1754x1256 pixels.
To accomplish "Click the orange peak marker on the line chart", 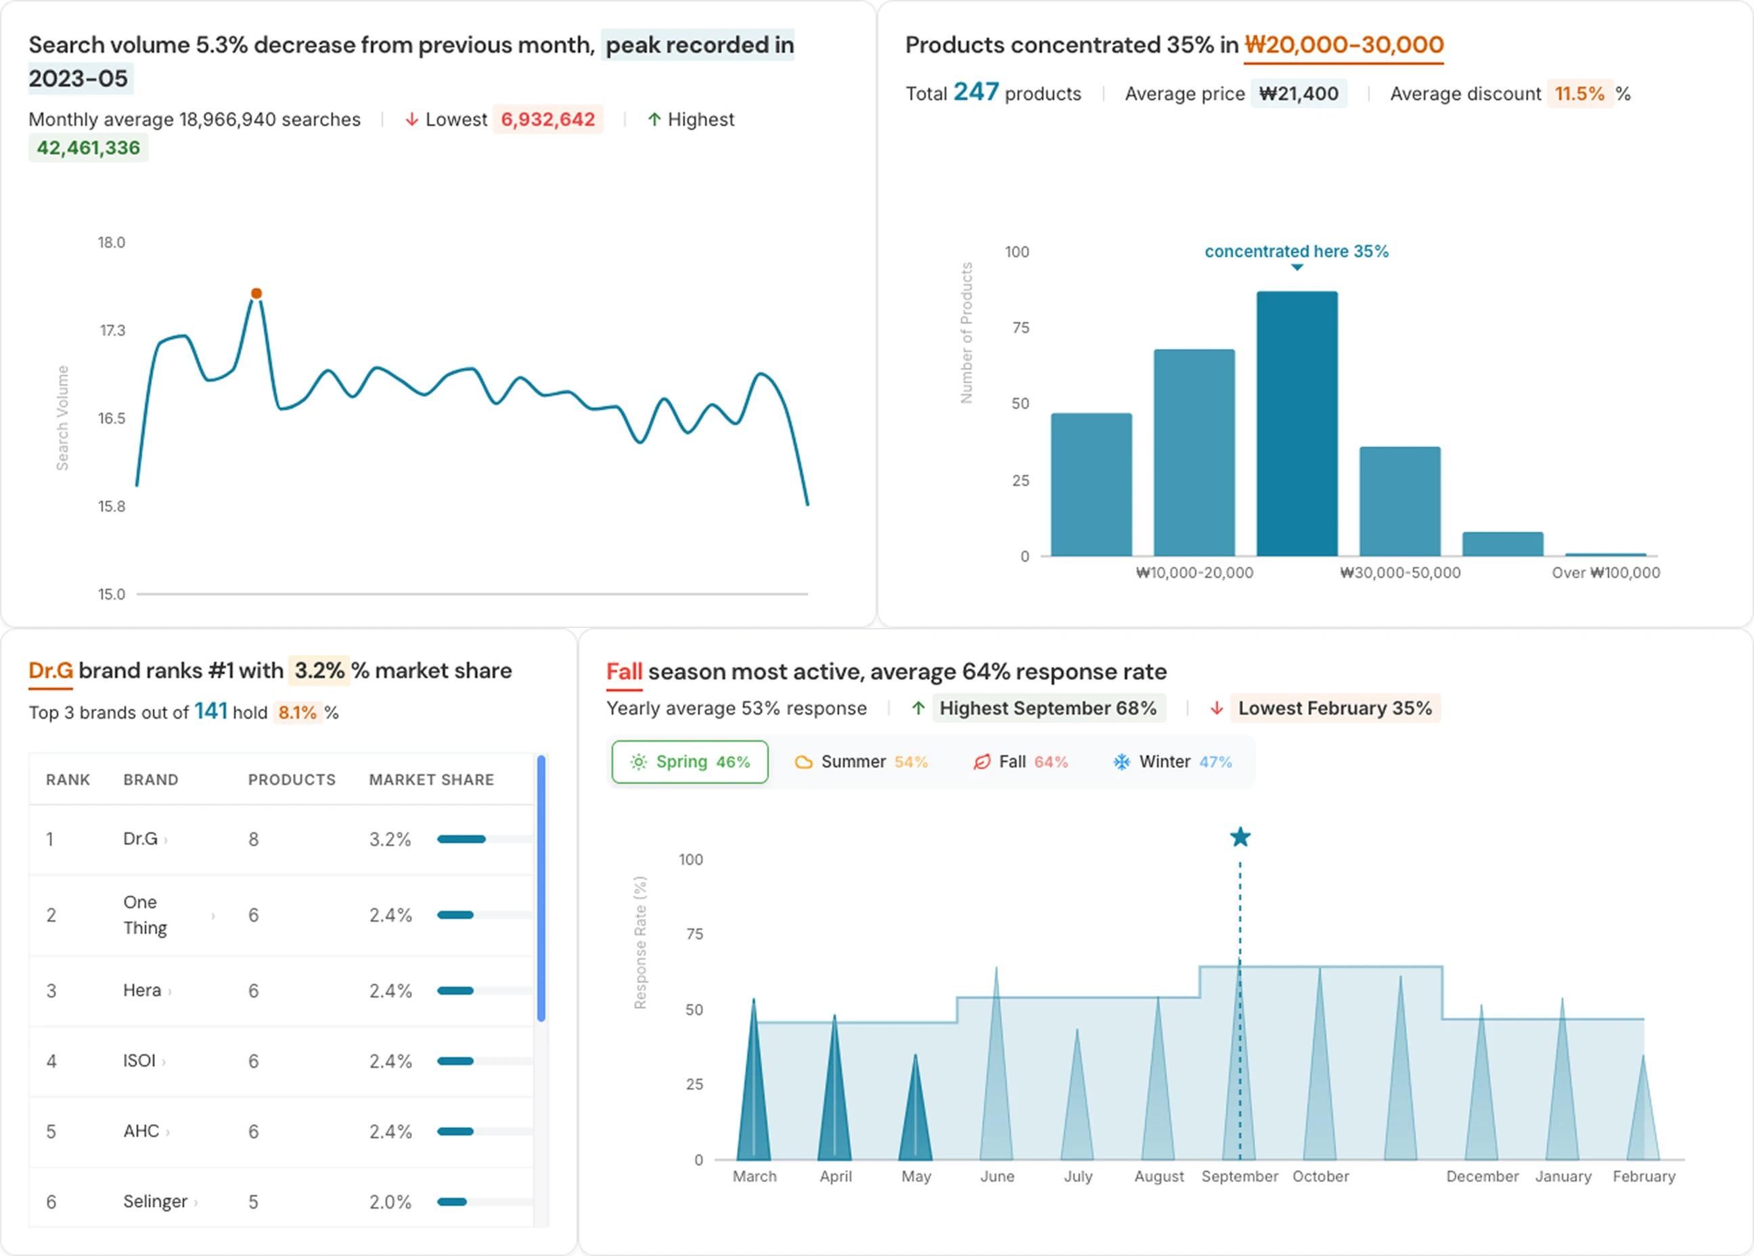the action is tap(256, 293).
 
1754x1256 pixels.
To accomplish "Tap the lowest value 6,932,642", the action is tap(547, 119).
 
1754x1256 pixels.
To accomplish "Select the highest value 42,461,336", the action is tap(88, 148).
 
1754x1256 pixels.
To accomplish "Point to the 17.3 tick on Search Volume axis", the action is tap(112, 330).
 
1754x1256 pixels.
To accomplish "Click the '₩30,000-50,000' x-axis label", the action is tap(1400, 573).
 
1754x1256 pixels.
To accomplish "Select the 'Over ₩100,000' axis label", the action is tap(1606, 573).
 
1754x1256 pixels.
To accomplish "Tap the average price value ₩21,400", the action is tap(1299, 93).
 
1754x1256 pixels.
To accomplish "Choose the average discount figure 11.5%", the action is tap(1579, 93).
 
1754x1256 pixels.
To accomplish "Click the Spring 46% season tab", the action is tap(690, 762).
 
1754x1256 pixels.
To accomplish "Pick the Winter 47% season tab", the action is tap(1173, 762).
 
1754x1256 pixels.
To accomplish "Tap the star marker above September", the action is tap(1240, 837).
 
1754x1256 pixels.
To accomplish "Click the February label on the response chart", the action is tap(1644, 1176).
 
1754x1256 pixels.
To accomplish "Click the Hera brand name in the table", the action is tap(142, 991).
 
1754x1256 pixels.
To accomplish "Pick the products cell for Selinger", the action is tap(253, 1202).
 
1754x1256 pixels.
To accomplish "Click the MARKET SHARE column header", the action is tap(431, 780).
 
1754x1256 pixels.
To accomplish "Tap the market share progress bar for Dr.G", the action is tap(462, 839).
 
